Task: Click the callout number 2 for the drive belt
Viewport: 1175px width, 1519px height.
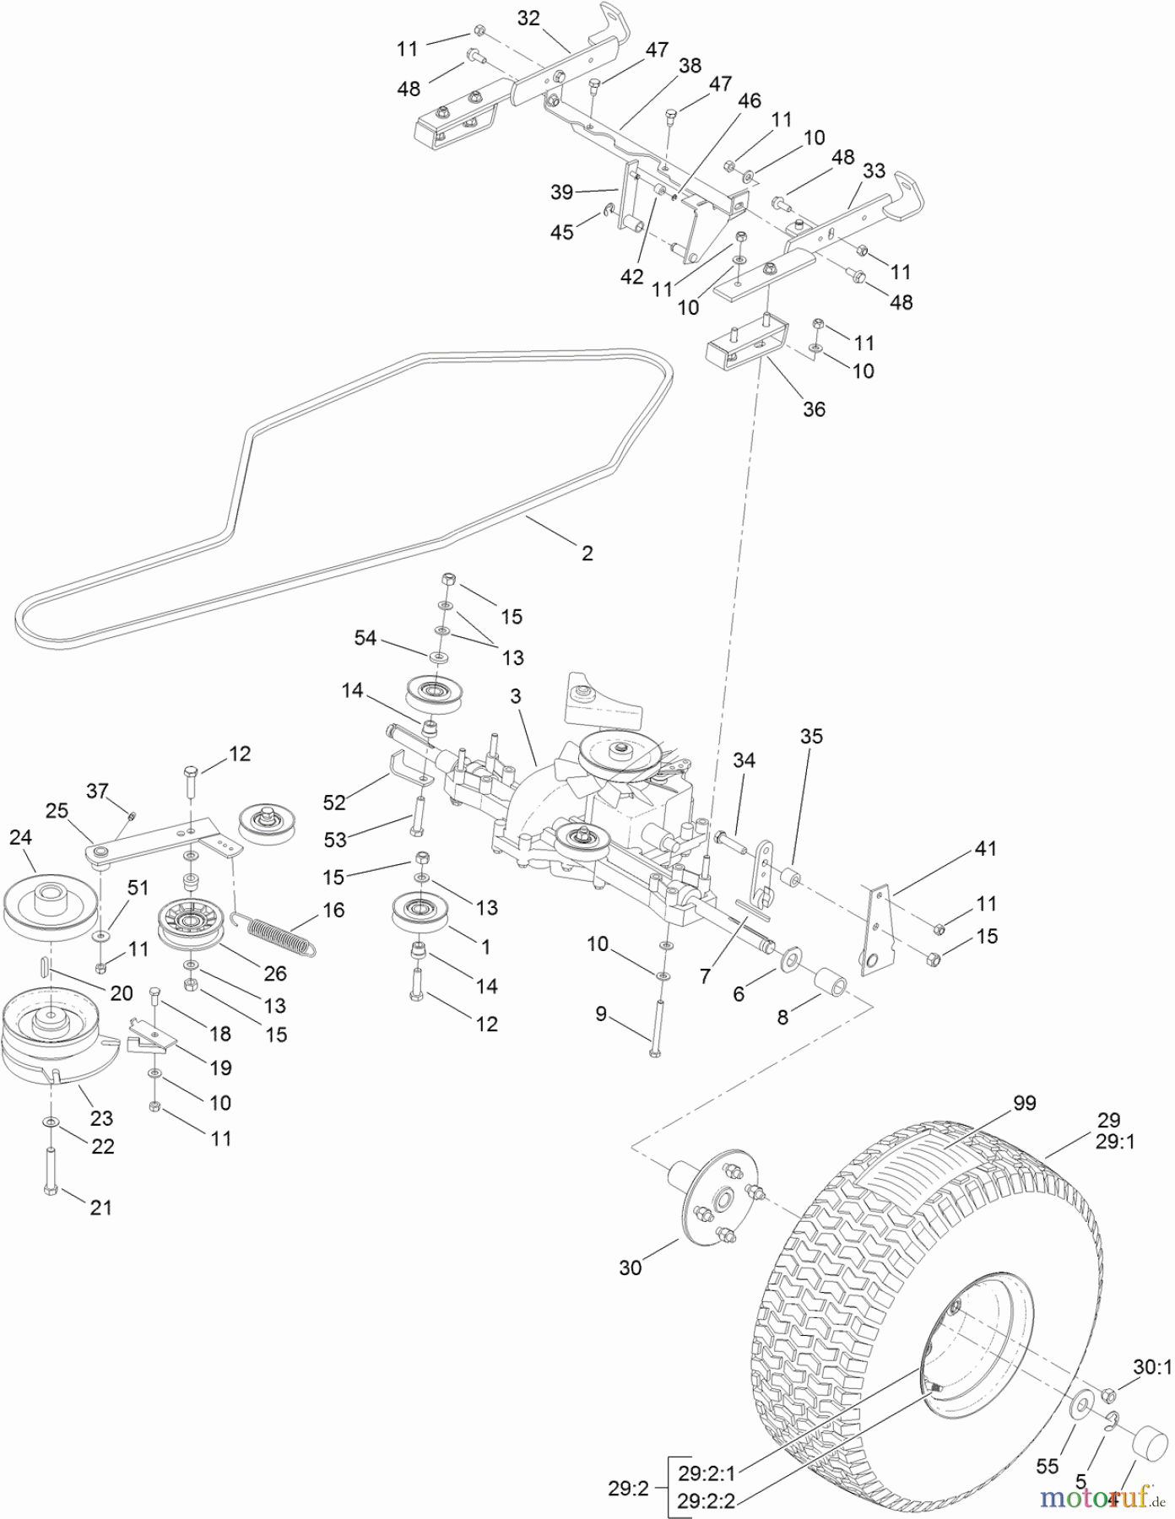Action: [x=587, y=553]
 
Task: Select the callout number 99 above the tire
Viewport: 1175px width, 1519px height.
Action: [x=1024, y=1103]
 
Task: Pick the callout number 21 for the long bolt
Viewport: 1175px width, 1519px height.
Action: [x=100, y=1208]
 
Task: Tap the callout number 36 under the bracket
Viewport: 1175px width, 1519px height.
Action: [x=814, y=409]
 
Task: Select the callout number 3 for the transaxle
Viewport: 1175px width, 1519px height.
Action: [x=516, y=696]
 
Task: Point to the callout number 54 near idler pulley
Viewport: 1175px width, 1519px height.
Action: [x=365, y=638]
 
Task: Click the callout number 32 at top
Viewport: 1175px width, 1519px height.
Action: [x=528, y=19]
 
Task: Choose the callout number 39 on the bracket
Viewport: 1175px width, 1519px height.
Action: [x=562, y=192]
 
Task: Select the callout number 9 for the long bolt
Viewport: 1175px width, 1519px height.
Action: [x=601, y=1014]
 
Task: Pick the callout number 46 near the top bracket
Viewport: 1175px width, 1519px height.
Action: [x=750, y=101]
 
